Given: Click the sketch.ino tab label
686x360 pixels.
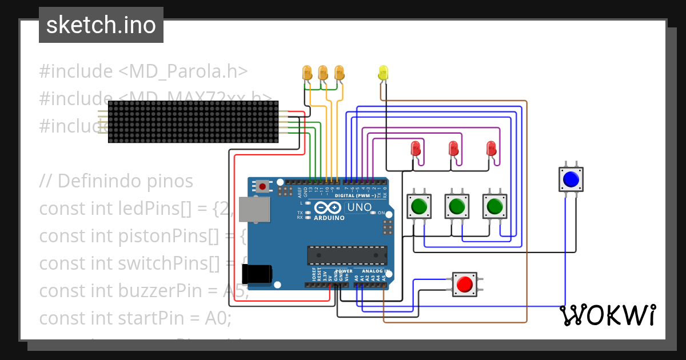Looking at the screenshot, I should pos(101,25).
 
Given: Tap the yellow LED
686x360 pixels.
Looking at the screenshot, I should pos(383,73).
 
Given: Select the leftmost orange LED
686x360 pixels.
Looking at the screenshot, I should pos(307,72).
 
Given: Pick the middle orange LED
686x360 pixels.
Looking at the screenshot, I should pos(323,72).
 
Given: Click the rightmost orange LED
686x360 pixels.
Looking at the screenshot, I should pos(340,72).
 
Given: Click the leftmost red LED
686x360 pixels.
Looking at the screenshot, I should pos(416,149).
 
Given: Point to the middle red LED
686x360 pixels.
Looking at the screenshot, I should pos(453,149).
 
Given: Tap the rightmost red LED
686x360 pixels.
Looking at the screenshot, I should pos(491,149).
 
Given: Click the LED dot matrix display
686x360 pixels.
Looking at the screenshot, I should pos(193,122).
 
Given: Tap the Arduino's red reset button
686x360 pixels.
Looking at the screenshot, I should pos(262,186).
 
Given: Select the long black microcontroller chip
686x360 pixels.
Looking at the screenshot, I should pos(347,255).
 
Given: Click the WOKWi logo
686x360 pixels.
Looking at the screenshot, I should pos(607,315).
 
